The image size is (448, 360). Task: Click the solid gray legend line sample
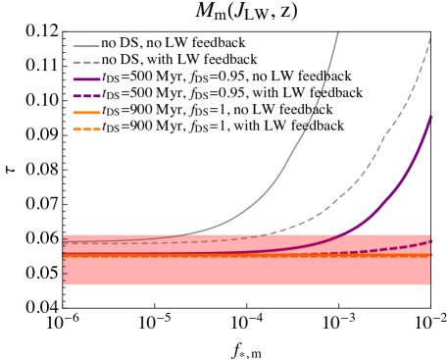(86, 46)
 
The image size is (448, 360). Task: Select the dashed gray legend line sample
(86, 63)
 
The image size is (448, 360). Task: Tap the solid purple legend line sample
(86, 79)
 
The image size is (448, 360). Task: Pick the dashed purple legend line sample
(86, 96)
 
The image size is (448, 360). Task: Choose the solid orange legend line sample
(86, 113)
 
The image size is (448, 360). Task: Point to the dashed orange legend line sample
(86, 129)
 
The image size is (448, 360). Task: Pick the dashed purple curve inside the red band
(392, 248)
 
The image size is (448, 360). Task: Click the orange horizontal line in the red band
(245, 255)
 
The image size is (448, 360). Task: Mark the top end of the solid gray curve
(338, 32)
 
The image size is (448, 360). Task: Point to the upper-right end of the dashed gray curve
(430, 39)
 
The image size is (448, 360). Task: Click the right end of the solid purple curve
(430, 117)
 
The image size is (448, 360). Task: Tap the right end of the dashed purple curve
(430, 240)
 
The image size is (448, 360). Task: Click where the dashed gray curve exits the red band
(257, 233)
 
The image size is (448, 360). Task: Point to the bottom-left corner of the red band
(64, 284)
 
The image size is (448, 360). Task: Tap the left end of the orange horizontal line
(65, 255)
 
